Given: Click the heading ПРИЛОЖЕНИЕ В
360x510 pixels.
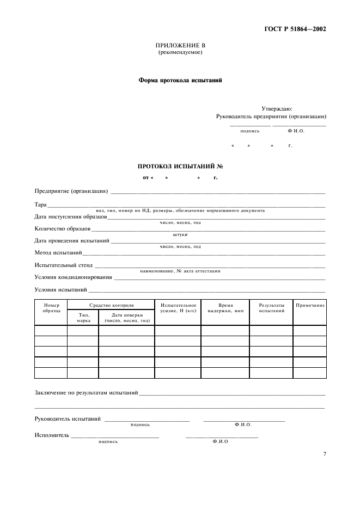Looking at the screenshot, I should click(x=180, y=46).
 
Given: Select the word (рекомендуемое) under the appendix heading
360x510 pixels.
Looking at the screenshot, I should click(x=180, y=52).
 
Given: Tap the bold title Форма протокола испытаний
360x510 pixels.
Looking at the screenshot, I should click(x=180, y=80).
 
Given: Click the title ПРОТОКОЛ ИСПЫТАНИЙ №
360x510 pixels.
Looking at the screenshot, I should click(x=180, y=166).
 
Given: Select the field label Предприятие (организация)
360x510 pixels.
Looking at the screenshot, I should click(x=71, y=191).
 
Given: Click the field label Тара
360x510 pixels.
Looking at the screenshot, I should click(x=40, y=205).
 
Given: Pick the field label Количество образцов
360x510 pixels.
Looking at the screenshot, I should click(x=62, y=229).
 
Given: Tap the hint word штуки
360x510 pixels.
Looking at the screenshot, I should click(x=180, y=234).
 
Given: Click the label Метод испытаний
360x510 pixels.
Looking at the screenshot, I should click(x=58, y=253).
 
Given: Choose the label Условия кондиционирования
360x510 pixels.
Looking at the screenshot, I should click(x=74, y=277).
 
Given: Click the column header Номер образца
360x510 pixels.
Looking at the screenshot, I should click(x=51, y=308).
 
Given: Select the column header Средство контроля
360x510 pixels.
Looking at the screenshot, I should click(x=111, y=305).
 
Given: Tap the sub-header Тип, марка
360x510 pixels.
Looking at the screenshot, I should click(x=83, y=318).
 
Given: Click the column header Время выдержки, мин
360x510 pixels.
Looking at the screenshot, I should click(x=225, y=308).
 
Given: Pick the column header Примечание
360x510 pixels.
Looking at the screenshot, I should click(x=310, y=305).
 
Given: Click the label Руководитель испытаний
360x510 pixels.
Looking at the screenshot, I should click(x=68, y=419).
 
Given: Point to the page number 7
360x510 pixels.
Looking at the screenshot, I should click(x=324, y=454).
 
